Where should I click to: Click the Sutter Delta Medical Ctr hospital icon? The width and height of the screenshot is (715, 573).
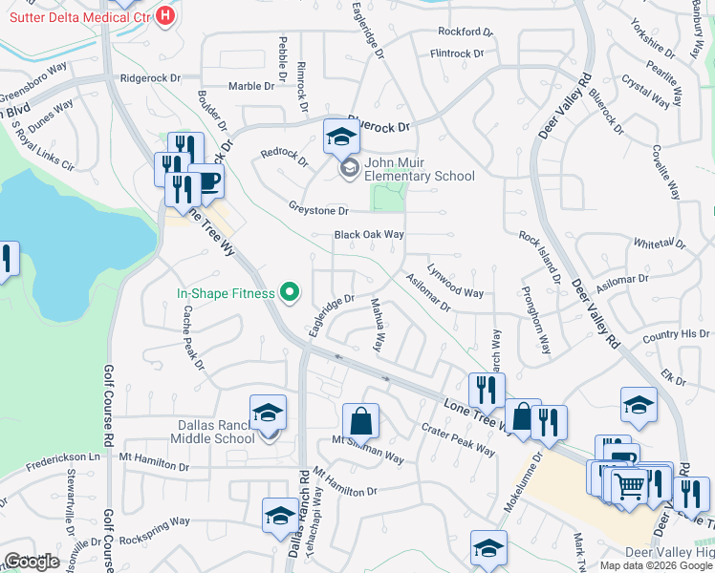pos(166,15)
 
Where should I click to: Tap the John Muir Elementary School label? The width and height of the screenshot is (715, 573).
pos(420,176)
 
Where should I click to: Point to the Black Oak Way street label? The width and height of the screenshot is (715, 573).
pos(369,235)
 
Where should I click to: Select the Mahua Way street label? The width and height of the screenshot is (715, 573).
pos(378,326)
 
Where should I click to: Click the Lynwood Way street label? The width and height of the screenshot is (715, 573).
pos(455,281)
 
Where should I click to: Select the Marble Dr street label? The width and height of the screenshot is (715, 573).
pos(249,86)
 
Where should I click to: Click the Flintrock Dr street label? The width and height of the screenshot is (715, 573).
pos(462,54)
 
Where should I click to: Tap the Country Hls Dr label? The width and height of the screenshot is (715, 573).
pos(676,336)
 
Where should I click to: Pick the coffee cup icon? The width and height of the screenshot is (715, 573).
pos(206,180)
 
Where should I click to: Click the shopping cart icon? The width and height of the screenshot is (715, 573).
pos(630,487)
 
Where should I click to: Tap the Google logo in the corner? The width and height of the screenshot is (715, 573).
pos(32,562)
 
